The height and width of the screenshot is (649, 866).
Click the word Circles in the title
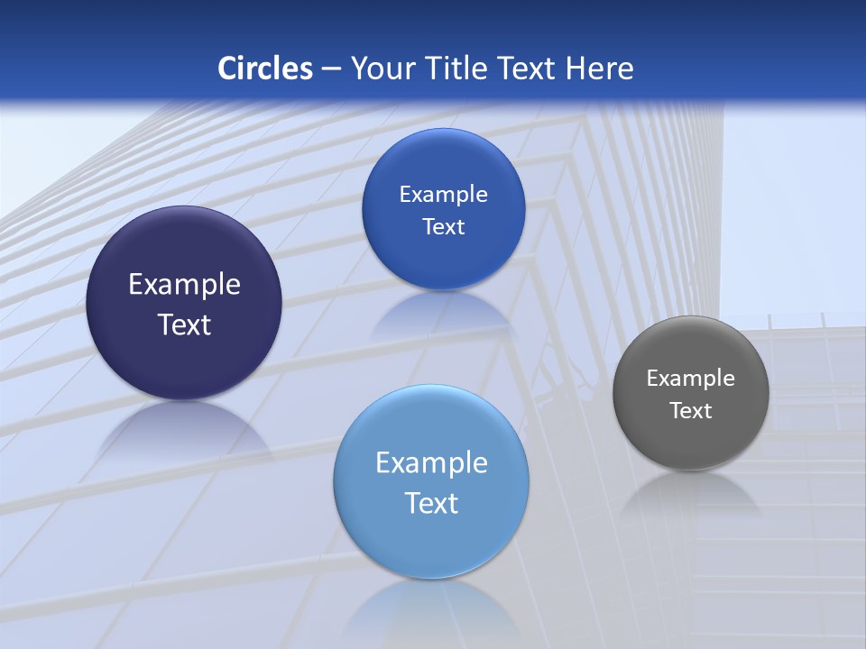click(265, 69)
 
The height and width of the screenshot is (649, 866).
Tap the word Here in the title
click(600, 69)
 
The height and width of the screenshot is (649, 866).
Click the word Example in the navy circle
click(184, 285)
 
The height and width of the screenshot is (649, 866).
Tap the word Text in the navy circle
click(184, 324)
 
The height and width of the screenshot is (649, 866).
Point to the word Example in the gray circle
click(691, 379)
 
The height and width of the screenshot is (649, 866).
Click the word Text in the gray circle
click(691, 411)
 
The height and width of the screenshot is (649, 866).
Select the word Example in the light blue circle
click(431, 463)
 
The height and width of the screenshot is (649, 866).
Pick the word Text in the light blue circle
click(431, 503)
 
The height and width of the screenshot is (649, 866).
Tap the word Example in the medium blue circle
click(443, 195)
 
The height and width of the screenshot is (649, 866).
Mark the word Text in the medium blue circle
click(443, 227)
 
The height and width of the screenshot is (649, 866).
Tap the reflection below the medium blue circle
click(443, 311)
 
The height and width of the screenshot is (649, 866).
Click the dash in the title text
click(331, 69)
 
